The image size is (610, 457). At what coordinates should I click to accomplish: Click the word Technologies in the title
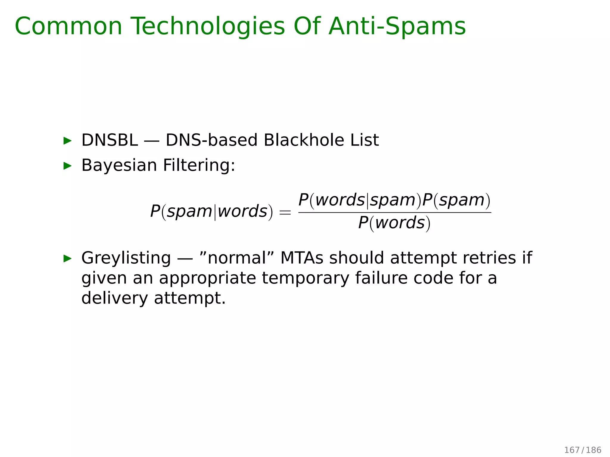point(208,27)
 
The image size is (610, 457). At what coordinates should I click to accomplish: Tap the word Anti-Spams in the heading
point(397,27)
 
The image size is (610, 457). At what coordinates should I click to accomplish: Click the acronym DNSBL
point(110,140)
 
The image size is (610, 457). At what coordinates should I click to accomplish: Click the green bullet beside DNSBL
point(68,141)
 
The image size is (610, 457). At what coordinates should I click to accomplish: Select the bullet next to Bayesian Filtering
point(68,166)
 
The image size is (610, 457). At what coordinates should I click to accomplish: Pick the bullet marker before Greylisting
point(68,258)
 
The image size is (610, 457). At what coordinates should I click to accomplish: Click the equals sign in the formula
point(285,212)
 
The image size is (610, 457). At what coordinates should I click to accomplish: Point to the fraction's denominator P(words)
point(394,223)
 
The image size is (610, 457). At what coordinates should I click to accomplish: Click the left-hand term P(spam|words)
point(211,212)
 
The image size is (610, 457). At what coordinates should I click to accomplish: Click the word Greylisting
point(126,258)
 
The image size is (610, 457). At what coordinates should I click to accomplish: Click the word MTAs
point(302,258)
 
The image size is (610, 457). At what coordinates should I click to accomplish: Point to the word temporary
point(305,278)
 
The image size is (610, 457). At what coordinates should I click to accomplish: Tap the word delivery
point(114,298)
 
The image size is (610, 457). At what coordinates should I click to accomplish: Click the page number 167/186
point(583,450)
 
